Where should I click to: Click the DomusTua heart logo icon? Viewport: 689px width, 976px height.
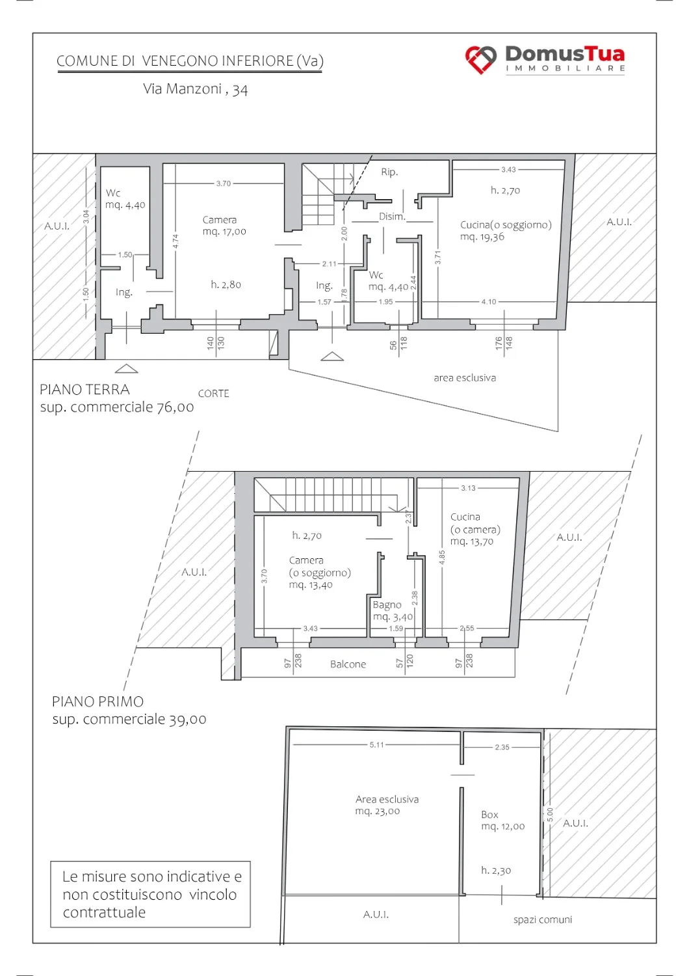tap(480, 60)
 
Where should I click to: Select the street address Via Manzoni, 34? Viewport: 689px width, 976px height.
tap(196, 89)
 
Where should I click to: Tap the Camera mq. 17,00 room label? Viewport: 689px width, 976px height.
tap(224, 226)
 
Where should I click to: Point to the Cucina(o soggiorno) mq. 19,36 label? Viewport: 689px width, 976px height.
tap(506, 230)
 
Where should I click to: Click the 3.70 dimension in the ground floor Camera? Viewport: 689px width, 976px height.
tap(224, 183)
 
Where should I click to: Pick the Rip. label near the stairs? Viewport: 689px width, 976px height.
tap(389, 172)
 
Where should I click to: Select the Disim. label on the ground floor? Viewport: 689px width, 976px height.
tap(392, 217)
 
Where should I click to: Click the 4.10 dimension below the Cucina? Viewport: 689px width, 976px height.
tap(489, 301)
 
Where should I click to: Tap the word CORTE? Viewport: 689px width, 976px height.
tap(213, 394)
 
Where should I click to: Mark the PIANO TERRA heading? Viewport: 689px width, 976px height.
tap(85, 390)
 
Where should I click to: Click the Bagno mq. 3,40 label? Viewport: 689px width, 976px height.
tap(393, 610)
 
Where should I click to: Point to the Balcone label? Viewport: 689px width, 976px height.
tap(348, 664)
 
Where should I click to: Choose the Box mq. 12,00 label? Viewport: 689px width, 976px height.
tap(502, 820)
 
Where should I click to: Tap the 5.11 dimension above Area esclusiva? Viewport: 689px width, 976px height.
tap(377, 744)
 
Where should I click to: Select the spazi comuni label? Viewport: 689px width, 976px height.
tap(543, 920)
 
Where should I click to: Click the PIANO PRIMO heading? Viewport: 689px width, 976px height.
tap(98, 701)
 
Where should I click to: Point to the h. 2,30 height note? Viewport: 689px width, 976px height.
tap(496, 871)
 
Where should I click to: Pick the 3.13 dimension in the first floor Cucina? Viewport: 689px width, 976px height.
tap(469, 488)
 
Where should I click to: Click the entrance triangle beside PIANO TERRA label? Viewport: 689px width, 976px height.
tap(126, 369)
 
